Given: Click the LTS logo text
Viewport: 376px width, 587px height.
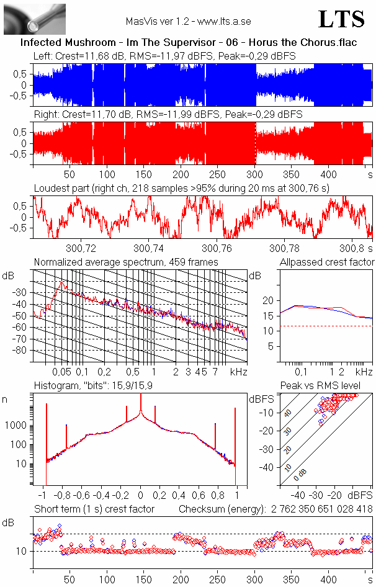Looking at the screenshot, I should (341, 19).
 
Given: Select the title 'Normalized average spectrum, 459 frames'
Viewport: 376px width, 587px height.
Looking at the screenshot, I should (126, 262).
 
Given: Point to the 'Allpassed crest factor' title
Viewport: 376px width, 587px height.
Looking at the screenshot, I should (327, 262).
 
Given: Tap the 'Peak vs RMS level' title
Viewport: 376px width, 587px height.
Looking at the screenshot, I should (328, 386).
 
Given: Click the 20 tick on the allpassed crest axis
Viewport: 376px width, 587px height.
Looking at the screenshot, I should (269, 300).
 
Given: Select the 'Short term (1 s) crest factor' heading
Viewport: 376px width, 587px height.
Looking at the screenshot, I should (94, 509).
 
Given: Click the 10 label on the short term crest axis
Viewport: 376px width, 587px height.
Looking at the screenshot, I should (20, 551).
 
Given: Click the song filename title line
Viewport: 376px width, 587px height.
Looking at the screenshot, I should (187, 43).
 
